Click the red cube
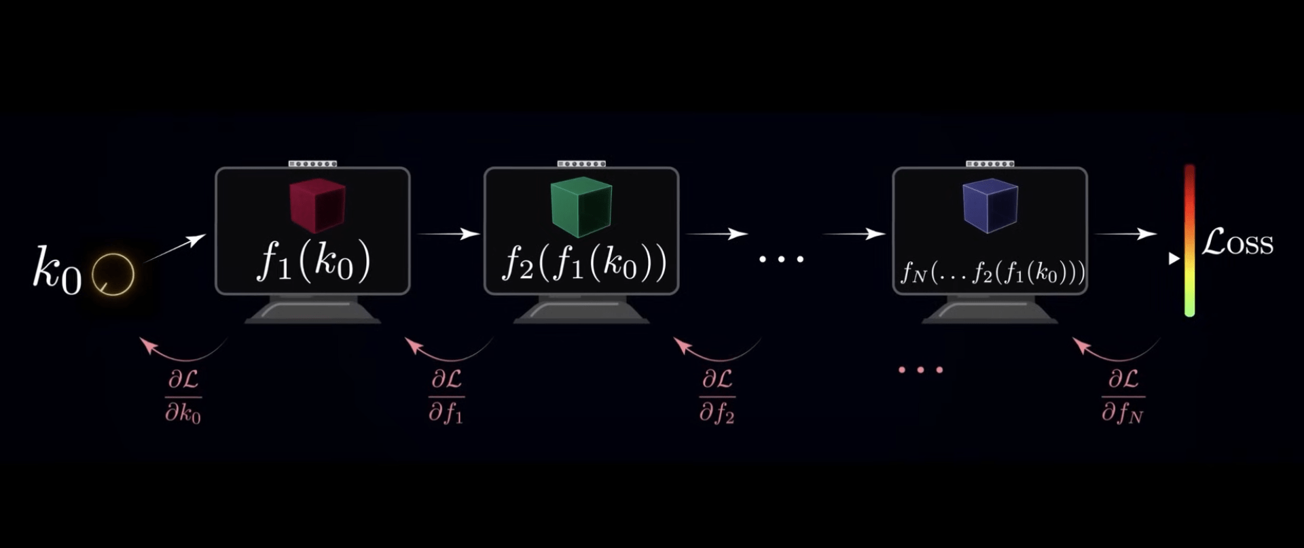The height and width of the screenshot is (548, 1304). [317, 205]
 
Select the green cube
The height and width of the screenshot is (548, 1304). [581, 207]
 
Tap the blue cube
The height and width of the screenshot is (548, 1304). [990, 205]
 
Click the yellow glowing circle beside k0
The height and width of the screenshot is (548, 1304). [113, 274]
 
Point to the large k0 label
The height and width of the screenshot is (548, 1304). [57, 270]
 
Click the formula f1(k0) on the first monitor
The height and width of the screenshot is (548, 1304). [313, 262]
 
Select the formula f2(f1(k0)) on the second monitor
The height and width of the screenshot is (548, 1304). [584, 264]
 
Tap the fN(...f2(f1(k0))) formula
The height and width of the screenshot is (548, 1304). [992, 273]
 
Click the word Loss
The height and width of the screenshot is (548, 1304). [1237, 243]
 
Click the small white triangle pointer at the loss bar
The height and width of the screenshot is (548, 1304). [1174, 259]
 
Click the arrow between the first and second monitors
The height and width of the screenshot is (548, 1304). [448, 234]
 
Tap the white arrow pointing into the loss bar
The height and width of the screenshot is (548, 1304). [1125, 234]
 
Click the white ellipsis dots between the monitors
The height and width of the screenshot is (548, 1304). [781, 259]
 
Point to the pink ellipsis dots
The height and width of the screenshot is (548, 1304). [920, 370]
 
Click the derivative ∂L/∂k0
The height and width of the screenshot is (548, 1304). [183, 397]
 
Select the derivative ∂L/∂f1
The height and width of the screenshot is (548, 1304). [446, 397]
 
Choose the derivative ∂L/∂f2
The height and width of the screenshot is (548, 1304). [717, 397]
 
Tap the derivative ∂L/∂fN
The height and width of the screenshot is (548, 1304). [1123, 397]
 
